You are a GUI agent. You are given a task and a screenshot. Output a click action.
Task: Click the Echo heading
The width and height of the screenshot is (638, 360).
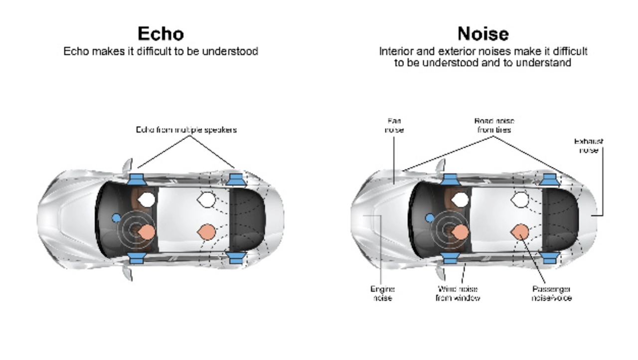tap(160, 33)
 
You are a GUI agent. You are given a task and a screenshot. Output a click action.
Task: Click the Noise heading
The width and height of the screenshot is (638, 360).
tap(483, 33)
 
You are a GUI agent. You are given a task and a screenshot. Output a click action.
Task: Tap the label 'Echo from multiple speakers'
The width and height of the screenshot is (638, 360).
tap(186, 130)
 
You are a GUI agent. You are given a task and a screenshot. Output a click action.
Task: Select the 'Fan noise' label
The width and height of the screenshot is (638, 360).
tap(394, 125)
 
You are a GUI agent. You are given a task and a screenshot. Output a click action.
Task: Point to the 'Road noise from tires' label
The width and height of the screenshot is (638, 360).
tap(494, 125)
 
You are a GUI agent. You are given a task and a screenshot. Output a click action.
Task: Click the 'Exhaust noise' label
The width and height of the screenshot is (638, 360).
tap(589, 146)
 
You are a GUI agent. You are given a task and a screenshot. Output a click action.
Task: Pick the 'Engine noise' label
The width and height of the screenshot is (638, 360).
tap(382, 293)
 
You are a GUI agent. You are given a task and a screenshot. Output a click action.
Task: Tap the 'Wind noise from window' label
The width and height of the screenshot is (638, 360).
tap(458, 293)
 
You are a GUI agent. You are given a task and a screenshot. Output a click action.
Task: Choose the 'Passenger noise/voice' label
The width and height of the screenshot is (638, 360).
tap(551, 293)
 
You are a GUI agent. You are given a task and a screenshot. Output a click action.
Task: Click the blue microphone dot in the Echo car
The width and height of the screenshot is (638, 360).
tap(116, 218)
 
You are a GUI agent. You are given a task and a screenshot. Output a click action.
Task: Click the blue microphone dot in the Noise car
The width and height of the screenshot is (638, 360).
tap(430, 218)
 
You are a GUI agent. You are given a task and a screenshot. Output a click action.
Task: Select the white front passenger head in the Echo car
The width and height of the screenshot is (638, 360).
tap(147, 200)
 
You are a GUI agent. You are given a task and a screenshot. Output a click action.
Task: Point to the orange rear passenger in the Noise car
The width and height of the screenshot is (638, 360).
tap(520, 231)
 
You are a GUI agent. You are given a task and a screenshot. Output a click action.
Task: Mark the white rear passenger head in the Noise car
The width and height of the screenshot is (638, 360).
tap(519, 200)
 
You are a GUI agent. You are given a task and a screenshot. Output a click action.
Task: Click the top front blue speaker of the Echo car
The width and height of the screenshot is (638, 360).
tap(137, 179)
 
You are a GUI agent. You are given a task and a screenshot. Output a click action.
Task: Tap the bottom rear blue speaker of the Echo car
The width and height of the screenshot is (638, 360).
tap(235, 258)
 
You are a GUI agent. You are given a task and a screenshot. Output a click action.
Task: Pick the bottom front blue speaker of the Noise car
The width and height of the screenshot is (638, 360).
tap(450, 258)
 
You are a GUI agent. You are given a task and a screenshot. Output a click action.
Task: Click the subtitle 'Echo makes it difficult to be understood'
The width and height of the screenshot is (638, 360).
tap(160, 51)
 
